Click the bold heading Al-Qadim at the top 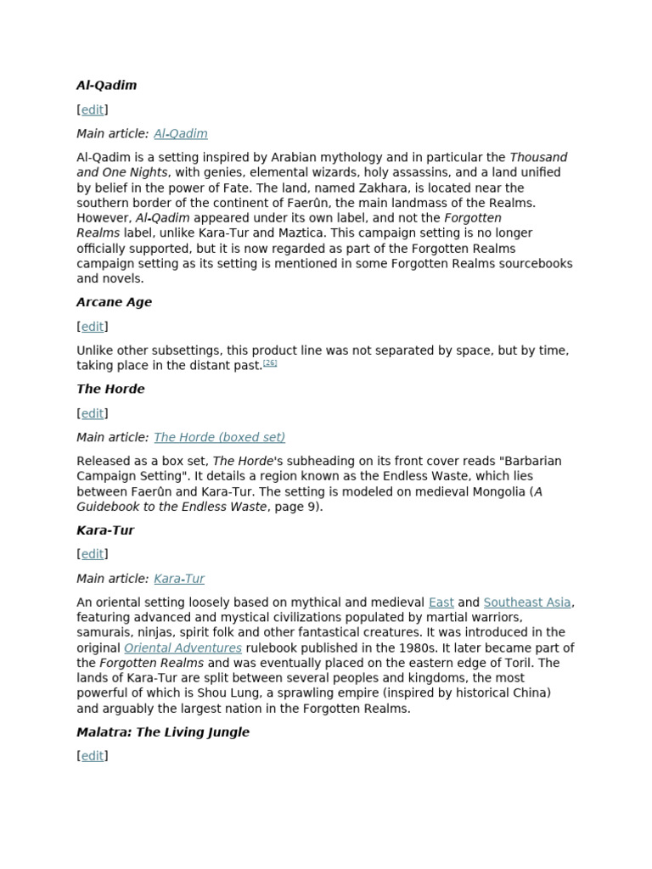coord(106,85)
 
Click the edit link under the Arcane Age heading coord(93,326)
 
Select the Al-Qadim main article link coord(181,133)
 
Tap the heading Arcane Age coord(114,302)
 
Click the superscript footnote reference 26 coord(270,363)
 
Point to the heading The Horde coord(110,389)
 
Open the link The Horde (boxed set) coord(219,437)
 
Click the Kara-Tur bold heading coord(105,530)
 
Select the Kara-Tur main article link coord(179,579)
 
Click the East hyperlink coord(441,603)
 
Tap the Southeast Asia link coord(527,603)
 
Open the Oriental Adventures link coord(183,648)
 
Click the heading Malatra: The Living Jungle coord(163,732)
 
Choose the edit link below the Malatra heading coord(93,755)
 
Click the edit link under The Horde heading coord(93,413)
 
